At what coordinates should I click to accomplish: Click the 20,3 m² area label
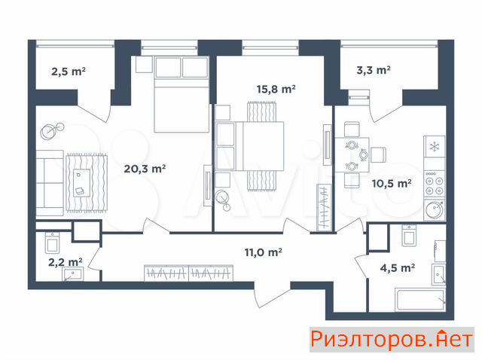coord(145,169)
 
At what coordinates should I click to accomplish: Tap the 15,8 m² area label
coord(276,89)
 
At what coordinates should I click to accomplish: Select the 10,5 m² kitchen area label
coord(392,184)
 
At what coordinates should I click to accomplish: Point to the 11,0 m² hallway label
coord(264,252)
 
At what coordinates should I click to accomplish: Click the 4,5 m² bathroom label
coord(398,268)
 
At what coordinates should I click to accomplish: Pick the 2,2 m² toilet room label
coord(66,262)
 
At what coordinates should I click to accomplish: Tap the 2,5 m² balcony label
coord(69,72)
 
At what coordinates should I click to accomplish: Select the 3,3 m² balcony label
coord(374,70)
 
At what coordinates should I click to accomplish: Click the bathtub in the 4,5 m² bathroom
coord(420,300)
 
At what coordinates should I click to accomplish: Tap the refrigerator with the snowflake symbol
coord(435,147)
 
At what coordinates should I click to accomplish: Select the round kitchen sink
coord(435,210)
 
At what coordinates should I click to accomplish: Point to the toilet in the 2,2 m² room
coord(52,243)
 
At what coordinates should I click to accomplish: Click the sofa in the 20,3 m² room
coord(50,182)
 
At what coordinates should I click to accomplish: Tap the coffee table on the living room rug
coord(82,183)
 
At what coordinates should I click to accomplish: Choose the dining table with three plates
coord(352,155)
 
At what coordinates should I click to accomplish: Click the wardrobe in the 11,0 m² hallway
coord(189,273)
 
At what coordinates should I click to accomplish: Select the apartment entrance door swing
coord(272,295)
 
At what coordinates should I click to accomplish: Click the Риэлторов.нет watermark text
coord(392,340)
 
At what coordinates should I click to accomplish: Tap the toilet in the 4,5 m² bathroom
coord(409,236)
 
